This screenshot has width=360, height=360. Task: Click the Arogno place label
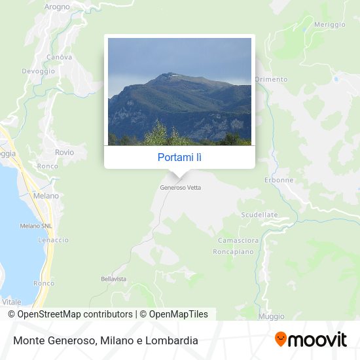tap(57, 7)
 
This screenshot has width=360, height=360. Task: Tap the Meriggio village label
tap(329, 24)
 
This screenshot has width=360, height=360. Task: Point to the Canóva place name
tap(59, 57)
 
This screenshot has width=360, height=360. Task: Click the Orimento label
tap(271, 79)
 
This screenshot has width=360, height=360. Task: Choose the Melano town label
tap(46, 196)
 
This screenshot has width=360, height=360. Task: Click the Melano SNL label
tap(35, 226)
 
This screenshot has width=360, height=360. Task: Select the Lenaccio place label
tap(53, 240)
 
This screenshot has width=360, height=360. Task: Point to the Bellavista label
tap(113, 279)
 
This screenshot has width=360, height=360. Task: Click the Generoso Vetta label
tap(181, 187)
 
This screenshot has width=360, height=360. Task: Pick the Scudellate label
tap(259, 215)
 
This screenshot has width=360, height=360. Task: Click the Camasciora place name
tap(238, 240)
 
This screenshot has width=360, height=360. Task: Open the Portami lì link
tap(179, 158)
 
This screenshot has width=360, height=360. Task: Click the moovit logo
tap(311, 339)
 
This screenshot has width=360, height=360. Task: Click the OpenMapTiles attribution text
tap(178, 314)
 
